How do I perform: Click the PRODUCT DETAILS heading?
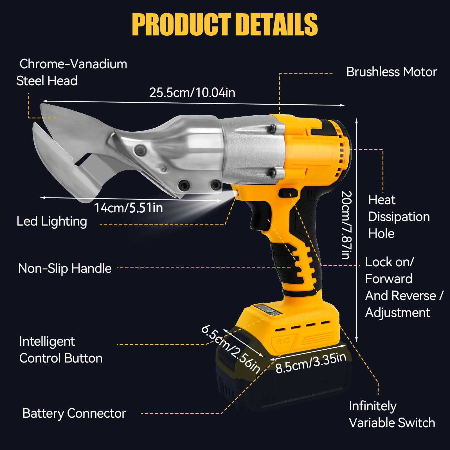click(225, 24)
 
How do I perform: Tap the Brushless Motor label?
click(391, 72)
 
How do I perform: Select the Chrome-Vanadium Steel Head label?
click(72, 73)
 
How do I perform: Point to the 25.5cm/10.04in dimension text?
click(192, 93)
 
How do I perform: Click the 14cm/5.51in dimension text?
click(128, 208)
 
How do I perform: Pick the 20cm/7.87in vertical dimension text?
click(346, 225)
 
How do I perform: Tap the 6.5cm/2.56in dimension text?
click(231, 349)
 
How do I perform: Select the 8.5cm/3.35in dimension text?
click(311, 363)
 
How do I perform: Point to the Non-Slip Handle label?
click(65, 269)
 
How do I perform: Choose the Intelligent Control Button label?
click(61, 350)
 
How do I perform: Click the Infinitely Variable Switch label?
click(392, 415)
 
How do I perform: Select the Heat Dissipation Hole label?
click(399, 217)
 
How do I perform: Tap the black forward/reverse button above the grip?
click(288, 193)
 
